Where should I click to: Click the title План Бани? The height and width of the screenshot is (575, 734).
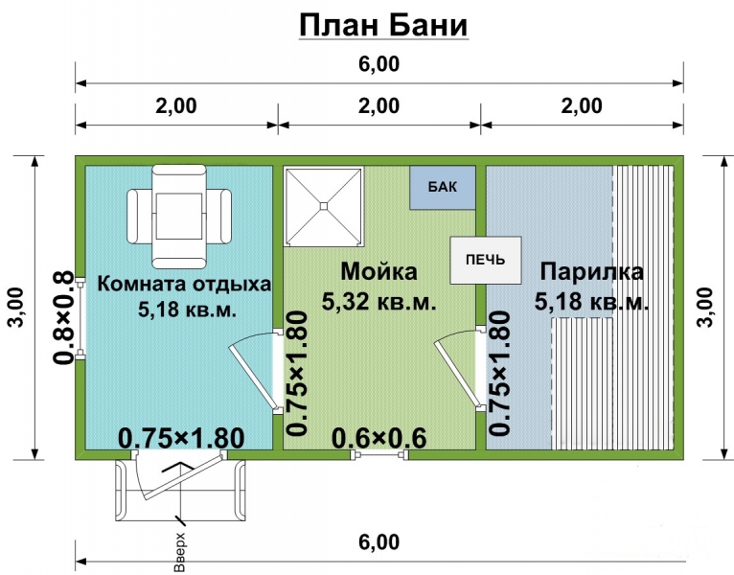click(382, 25)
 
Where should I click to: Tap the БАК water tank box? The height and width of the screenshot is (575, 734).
click(443, 187)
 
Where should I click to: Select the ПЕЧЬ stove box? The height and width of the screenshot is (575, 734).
click(487, 260)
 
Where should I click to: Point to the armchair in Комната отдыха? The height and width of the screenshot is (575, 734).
click(180, 214)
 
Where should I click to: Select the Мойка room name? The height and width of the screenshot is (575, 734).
click(379, 272)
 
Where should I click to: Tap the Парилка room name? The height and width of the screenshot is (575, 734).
click(590, 272)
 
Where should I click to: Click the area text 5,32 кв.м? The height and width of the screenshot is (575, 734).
click(379, 302)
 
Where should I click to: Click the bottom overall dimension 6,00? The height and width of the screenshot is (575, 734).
click(380, 542)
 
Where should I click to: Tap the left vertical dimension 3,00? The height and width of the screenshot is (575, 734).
click(17, 308)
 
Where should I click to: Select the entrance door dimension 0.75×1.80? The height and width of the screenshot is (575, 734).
click(180, 437)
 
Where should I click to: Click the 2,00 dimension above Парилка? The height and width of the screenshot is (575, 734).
click(583, 106)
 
